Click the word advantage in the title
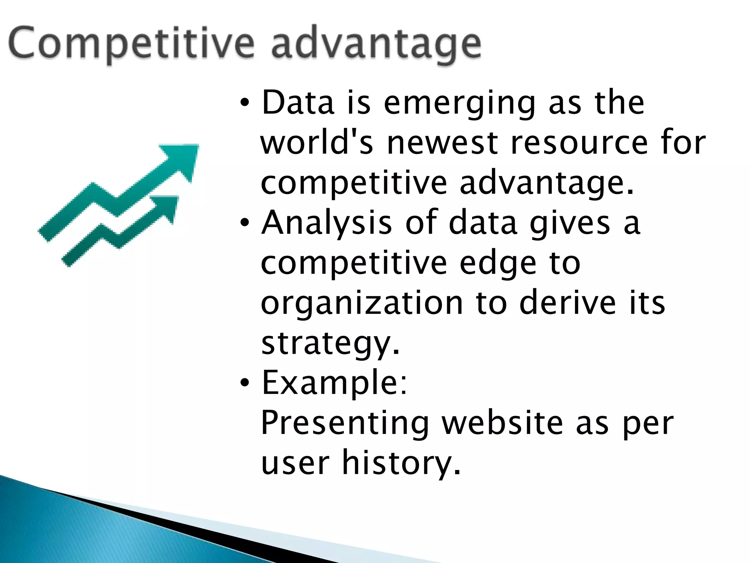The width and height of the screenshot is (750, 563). pos(376,46)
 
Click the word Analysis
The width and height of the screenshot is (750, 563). pos(326,224)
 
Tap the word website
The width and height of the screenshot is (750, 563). pos(502,423)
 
